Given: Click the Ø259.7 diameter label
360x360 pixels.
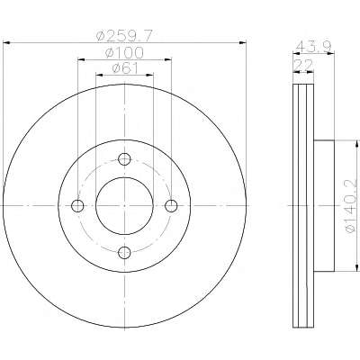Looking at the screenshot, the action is pyautogui.click(x=124, y=36).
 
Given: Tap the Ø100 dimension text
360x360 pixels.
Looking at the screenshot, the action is pyautogui.click(x=124, y=53).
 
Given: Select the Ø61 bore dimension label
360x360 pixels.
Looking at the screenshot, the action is pyautogui.click(x=125, y=68).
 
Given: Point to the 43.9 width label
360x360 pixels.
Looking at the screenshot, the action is pyautogui.click(x=313, y=47).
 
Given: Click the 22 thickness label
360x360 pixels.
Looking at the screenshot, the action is pyautogui.click(x=303, y=65).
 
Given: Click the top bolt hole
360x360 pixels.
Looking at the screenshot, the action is pyautogui.click(x=124, y=159).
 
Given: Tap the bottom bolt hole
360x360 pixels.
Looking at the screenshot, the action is pyautogui.click(x=124, y=253).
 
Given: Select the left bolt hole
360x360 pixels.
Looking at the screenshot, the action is pyautogui.click(x=77, y=206).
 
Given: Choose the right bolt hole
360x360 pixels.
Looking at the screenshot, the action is pyautogui.click(x=171, y=206).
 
